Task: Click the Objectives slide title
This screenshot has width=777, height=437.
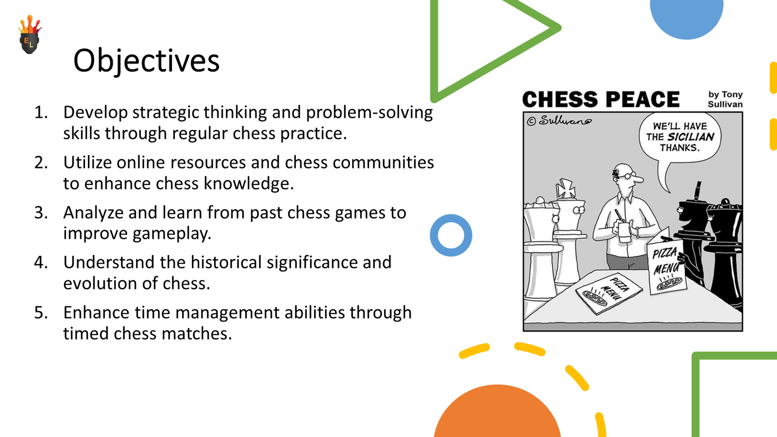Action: coord(146,61)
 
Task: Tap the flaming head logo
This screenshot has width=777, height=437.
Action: coord(30,34)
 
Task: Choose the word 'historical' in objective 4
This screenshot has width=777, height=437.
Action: coord(226,262)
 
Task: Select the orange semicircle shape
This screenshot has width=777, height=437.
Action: coord(497,413)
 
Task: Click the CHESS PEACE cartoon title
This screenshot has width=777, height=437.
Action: coord(601,99)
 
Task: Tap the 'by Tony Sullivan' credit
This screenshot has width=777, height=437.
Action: coord(725,99)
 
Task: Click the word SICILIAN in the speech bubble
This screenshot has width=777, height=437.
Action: coord(691,137)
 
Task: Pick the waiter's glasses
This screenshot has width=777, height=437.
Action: coord(627,175)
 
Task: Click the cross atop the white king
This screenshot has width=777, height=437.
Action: coord(565,188)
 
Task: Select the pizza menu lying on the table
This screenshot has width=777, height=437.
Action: coord(609,291)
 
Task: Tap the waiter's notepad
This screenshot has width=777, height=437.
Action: coord(625,232)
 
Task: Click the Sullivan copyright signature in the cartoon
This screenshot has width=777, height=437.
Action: coord(559,121)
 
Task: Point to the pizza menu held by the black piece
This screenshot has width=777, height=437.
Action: coord(666,267)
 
